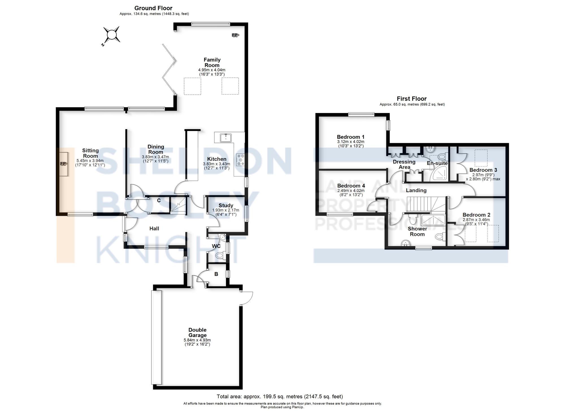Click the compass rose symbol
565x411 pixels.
[112, 35]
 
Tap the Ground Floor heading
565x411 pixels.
[153, 8]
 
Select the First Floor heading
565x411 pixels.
[412, 99]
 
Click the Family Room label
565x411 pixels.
[212, 62]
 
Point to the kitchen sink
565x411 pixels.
[226, 138]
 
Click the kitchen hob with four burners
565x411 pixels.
[240, 159]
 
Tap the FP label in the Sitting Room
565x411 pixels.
[63, 164]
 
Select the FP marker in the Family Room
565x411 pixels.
[235, 35]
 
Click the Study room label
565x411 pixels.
[226, 205]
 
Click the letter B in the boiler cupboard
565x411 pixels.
[216, 274]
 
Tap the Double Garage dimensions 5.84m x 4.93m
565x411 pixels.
[197, 340]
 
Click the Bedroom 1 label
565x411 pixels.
[351, 137]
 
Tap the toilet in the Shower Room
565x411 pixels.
[440, 236]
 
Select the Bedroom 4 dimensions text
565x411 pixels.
[351, 193]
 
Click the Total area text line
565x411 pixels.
[280, 397]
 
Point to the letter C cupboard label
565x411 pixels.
[159, 201]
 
